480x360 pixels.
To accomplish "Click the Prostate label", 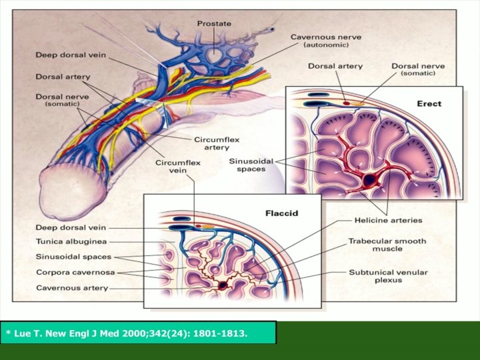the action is pos(214,24).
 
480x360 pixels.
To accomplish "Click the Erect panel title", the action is pos(430,104).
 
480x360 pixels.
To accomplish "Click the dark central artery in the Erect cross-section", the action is pos(368,179).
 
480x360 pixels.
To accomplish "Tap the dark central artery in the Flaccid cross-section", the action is pos(222,285).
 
